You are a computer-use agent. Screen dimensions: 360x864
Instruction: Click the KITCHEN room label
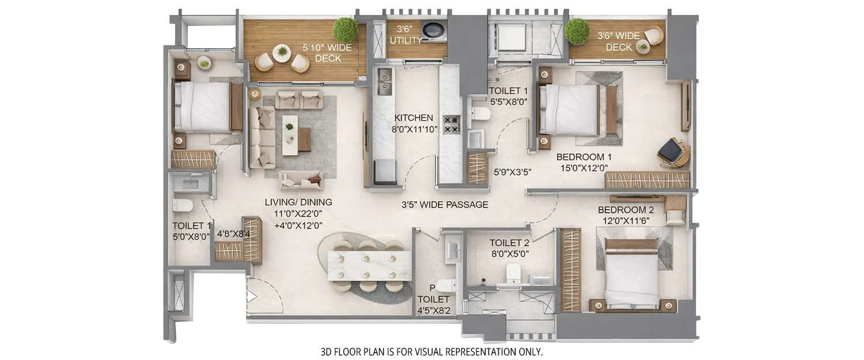414,118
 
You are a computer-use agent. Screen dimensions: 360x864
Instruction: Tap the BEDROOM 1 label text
583,157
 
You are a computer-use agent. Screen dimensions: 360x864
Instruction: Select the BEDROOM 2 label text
625,210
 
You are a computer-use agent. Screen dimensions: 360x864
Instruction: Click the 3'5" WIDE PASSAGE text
445,204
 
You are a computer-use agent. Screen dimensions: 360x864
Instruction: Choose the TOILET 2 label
509,243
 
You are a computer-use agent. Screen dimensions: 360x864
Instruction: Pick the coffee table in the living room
290,131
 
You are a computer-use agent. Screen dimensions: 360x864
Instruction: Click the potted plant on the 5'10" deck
345,29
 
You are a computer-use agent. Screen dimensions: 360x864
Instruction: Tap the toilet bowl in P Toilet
444,285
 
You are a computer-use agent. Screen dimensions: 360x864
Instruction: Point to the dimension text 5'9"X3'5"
512,172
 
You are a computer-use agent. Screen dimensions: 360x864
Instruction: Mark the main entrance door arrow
251,297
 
